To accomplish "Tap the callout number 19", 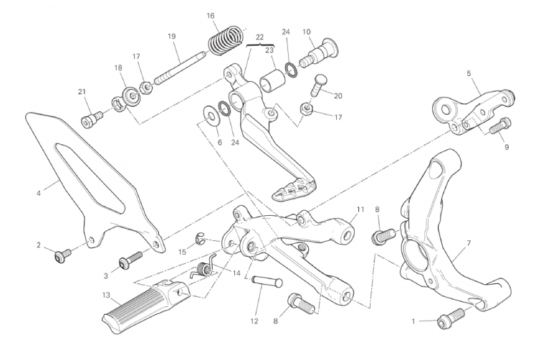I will coord(172,37).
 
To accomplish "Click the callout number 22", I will coord(259,37).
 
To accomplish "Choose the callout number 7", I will coord(468,243).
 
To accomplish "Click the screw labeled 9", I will coord(503,125).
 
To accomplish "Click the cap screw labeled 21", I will coord(89,118).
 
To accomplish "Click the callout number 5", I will coord(469,73).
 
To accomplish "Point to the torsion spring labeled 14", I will coord(204,270).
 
